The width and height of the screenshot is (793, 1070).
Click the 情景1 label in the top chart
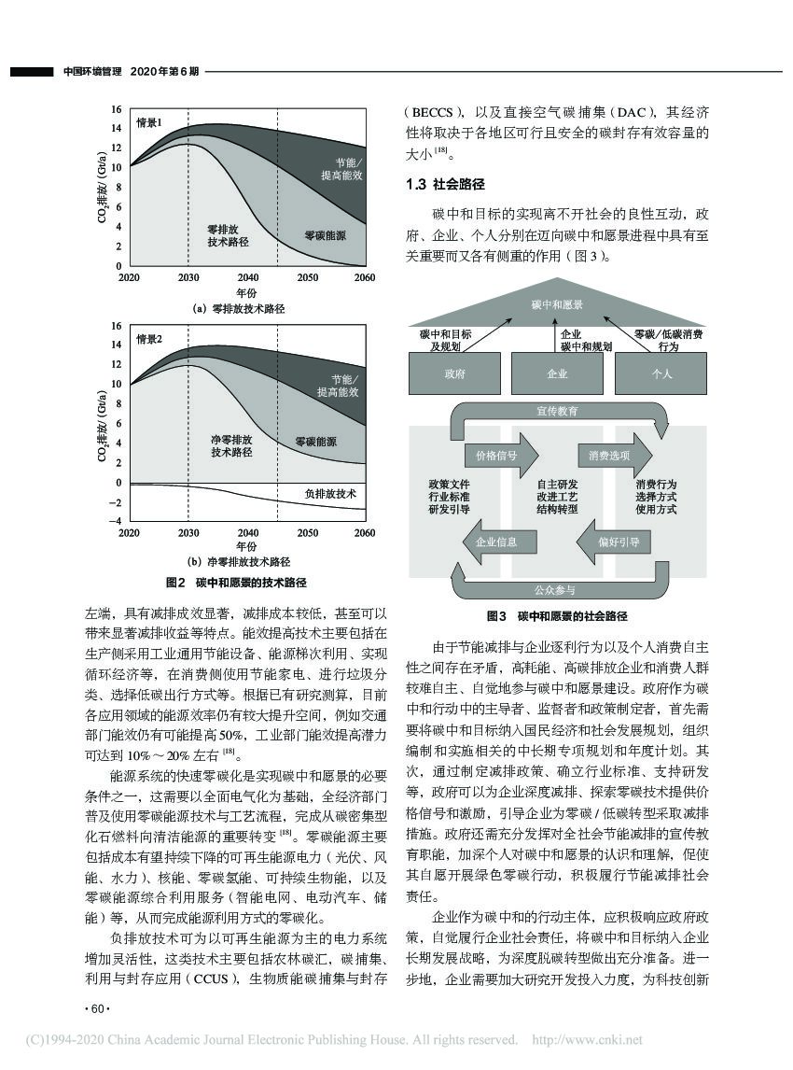[x=150, y=122]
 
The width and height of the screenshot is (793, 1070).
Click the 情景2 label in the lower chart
[x=150, y=339]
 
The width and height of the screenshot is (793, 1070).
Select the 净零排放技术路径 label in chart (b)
[x=231, y=444]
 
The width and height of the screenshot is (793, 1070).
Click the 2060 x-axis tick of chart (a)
[x=364, y=278]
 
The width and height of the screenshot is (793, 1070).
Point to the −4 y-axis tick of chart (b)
[x=116, y=520]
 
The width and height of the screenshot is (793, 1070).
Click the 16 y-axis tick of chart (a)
[x=117, y=109]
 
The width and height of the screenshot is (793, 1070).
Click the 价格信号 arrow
[x=499, y=455]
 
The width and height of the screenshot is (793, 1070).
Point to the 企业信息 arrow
[x=497, y=542]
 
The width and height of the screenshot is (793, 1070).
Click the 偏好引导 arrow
[x=613, y=542]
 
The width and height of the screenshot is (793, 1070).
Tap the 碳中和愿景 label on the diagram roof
[x=558, y=305]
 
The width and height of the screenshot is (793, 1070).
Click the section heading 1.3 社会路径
[x=445, y=186]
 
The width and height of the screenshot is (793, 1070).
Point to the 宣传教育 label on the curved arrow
[x=558, y=411]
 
